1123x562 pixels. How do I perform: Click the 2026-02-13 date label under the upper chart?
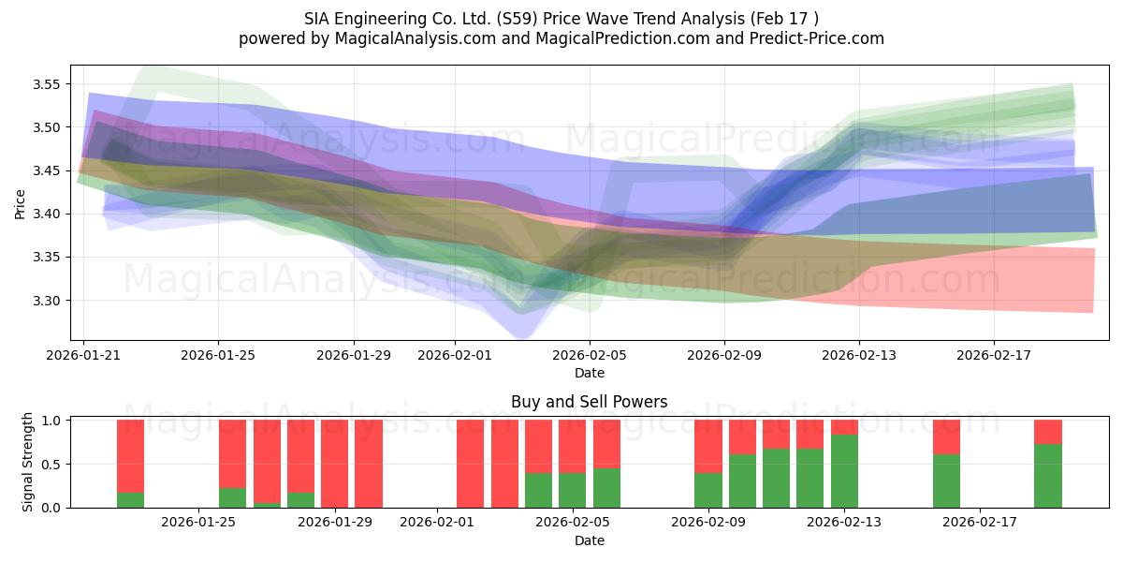point(859,356)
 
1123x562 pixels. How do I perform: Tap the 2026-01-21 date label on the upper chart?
point(84,356)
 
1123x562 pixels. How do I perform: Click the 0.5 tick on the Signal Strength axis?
point(51,464)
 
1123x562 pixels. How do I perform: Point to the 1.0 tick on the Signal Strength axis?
point(51,421)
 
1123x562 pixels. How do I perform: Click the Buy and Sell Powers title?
point(589,402)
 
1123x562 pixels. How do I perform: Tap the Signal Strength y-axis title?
point(28,462)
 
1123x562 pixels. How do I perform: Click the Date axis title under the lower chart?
point(589,540)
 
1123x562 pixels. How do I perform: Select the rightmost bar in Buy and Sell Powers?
point(1048,464)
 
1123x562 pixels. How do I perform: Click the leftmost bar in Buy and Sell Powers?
point(130,464)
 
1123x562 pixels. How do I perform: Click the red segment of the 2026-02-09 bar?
point(708,446)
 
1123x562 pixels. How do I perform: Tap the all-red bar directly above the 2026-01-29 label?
point(334,464)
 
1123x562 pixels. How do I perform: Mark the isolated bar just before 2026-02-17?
point(946,464)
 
